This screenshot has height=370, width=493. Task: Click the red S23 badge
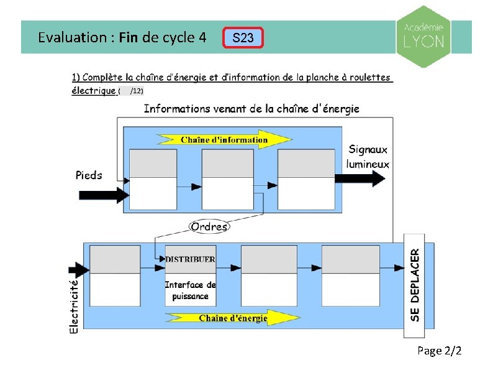pyautogui.click(x=243, y=38)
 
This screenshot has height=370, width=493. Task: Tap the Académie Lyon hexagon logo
pyautogui.click(x=424, y=37)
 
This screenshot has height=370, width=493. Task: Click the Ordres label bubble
pyautogui.click(x=209, y=226)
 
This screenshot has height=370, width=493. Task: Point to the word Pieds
pyautogui.click(x=89, y=175)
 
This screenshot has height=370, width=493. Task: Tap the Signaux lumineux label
pyautogui.click(x=368, y=157)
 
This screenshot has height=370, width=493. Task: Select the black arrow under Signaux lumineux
pyautogui.click(x=360, y=178)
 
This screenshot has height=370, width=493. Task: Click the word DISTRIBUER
pyautogui.click(x=191, y=259)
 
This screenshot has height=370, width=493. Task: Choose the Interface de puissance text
pyautogui.click(x=191, y=290)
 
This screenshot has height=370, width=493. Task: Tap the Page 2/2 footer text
pyautogui.click(x=440, y=351)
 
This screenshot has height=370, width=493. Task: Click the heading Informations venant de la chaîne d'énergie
pyautogui.click(x=251, y=109)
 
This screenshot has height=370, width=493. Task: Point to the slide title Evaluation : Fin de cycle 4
pyautogui.click(x=122, y=37)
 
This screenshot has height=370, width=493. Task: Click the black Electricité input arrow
pyautogui.click(x=78, y=270)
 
